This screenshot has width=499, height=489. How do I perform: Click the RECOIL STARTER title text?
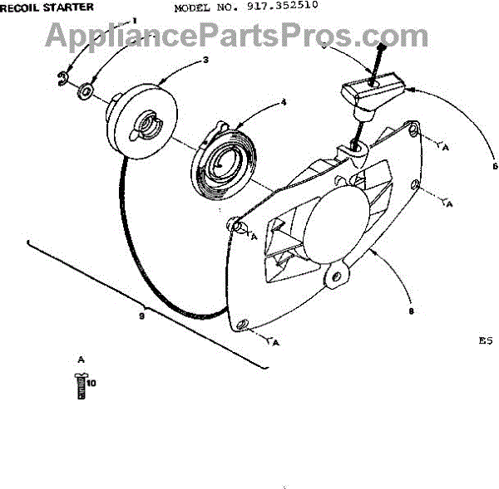tap(46, 7)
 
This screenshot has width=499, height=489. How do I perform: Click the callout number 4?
tap(283, 103)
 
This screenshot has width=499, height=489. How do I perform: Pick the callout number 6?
tap(494, 166)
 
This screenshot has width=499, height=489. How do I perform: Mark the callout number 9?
tap(141, 316)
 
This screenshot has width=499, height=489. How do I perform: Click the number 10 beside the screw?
tap(91, 384)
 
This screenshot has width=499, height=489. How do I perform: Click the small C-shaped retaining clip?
tap(63, 80)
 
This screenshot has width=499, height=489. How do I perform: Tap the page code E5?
tap(486, 340)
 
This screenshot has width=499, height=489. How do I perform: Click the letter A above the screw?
tap(80, 359)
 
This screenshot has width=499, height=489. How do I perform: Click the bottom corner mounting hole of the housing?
tap(241, 325)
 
